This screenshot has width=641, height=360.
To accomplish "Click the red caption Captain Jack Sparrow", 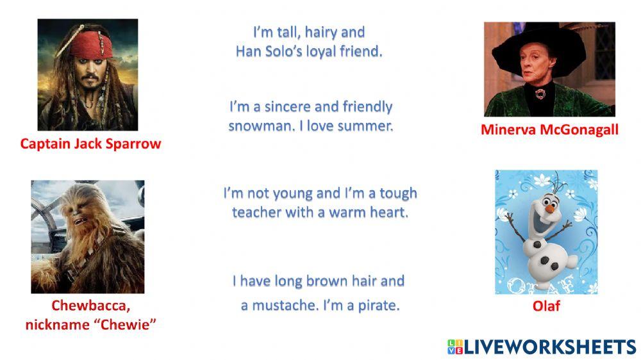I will pos(90,143).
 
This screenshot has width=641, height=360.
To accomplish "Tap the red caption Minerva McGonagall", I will pos(549,130).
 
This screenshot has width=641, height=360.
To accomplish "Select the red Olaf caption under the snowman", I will pos(546,306).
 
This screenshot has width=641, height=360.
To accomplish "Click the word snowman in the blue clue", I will pos(253,126).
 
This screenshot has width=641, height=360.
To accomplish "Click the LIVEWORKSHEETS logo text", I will pos(549,347).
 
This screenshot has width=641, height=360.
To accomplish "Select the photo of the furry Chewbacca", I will pos(88,236).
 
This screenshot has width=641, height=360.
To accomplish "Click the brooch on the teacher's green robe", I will pos(540,94).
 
